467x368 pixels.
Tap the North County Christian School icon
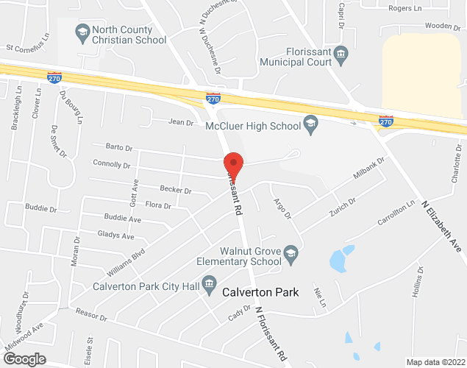pos(82,32)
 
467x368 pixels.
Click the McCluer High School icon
pos(310,124)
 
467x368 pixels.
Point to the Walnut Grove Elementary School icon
pos(291,253)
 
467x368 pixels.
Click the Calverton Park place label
pos(260,292)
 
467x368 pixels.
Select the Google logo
pos(24,358)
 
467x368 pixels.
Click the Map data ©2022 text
pos(435,362)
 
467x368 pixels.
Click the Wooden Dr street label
pos(443,26)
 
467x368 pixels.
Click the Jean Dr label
pos(180,121)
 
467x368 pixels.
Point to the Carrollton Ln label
pos(396,215)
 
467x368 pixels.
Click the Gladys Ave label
pos(116,236)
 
